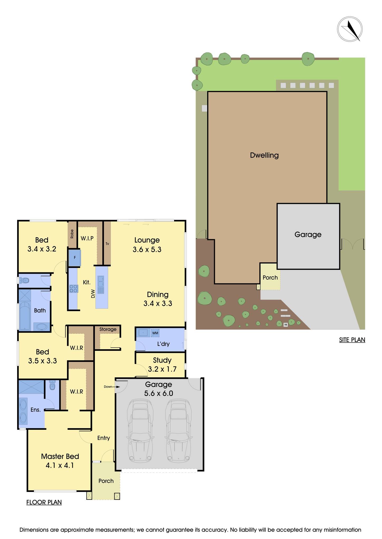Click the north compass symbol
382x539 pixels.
350,29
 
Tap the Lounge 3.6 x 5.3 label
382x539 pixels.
147,244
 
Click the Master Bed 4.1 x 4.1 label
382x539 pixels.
60,461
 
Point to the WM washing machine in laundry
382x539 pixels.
155,333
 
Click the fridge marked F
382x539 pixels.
75,258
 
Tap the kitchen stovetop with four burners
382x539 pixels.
74,288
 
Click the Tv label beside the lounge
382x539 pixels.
107,244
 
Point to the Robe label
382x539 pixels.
72,234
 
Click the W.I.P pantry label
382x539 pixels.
87,238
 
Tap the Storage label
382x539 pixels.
108,329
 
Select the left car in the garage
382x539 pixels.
140,431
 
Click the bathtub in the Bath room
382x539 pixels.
25,315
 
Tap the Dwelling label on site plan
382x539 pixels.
264,155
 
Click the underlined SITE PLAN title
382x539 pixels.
352,340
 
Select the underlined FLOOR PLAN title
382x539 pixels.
44,502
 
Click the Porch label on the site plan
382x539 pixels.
270,277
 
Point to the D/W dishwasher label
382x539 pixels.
93,294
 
